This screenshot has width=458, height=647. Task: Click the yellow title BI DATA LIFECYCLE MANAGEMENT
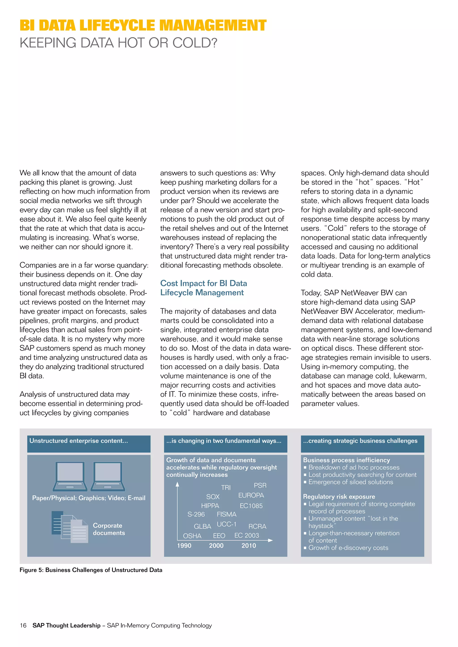point(143,25)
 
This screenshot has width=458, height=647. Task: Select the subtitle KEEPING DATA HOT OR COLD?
point(119,43)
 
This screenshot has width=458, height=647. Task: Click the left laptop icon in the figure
point(70,476)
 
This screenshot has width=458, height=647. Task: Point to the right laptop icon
point(108,476)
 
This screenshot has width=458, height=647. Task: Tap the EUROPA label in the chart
point(251,495)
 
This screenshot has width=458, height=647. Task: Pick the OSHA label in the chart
point(192,536)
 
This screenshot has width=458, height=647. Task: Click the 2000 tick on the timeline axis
point(216,546)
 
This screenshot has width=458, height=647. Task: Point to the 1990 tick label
point(184,546)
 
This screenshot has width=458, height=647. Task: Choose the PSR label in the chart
point(260,485)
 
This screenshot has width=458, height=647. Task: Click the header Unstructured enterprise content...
point(79,441)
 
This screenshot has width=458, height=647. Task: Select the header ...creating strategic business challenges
point(360,441)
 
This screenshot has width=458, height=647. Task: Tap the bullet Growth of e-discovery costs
point(348,548)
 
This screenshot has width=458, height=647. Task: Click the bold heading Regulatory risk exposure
point(339,496)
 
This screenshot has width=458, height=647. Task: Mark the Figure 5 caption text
point(91,570)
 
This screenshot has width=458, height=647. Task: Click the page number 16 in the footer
point(23,625)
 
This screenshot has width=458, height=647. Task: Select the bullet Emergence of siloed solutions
point(351,482)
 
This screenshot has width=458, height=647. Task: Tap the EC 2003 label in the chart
point(246,535)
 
